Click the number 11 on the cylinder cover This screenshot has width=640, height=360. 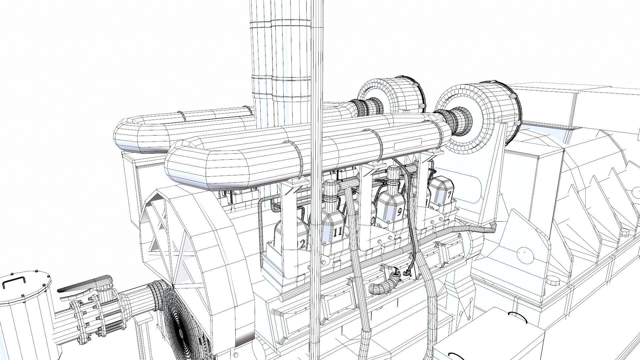tap(337, 232)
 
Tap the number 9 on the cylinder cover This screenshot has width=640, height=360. tap(400, 212)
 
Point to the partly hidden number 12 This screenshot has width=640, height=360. tap(302, 245)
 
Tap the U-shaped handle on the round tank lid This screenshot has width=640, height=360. tap(13, 284)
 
